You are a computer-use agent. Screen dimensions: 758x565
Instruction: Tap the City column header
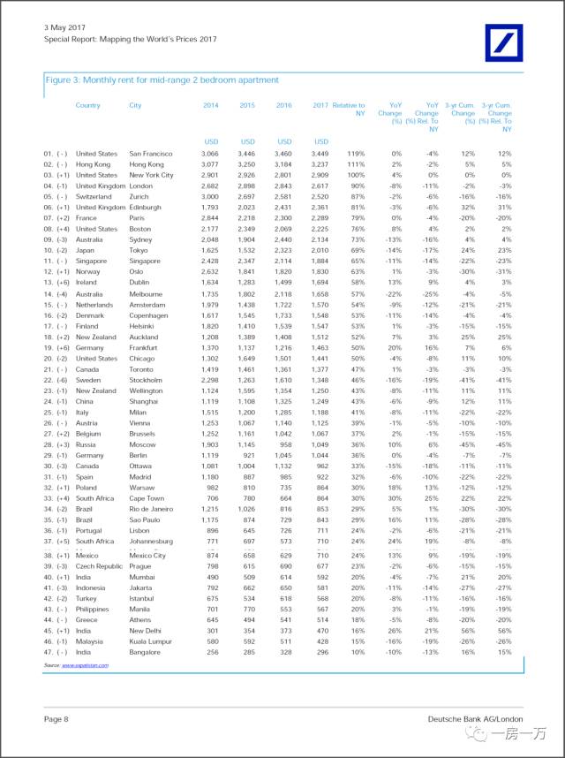pos(135,105)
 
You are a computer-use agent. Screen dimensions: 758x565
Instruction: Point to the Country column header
pos(88,105)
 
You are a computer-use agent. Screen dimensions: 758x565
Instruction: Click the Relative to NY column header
pos(349,110)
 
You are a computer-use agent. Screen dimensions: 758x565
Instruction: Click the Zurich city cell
pos(140,197)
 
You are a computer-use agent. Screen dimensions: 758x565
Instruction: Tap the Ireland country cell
pos(88,283)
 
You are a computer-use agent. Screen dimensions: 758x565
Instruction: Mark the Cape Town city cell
pos(147,496)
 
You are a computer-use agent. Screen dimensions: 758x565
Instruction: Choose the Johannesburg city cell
pos(153,539)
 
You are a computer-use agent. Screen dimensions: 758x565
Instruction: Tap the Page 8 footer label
pos(56,720)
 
